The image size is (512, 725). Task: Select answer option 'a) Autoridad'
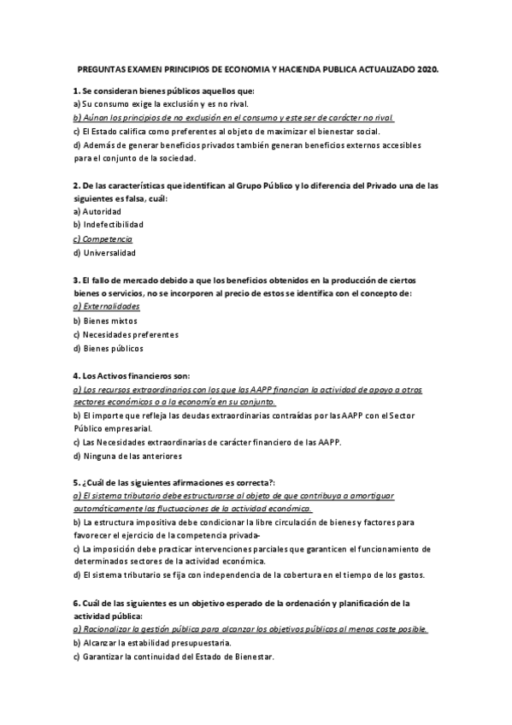tap(97, 210)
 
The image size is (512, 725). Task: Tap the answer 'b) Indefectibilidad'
tap(109, 224)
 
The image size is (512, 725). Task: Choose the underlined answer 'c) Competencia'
tap(103, 239)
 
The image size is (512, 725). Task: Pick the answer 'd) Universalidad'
tap(104, 252)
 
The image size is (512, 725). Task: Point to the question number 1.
tap(76, 90)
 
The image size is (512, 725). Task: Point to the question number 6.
tap(76, 603)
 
